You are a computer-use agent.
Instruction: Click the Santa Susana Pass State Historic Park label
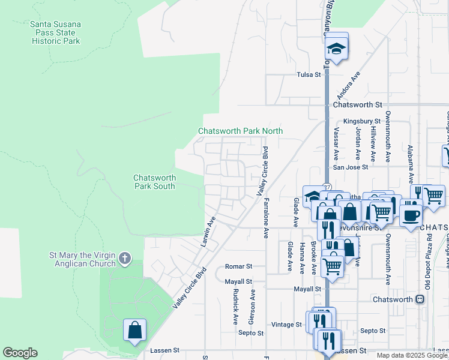55,32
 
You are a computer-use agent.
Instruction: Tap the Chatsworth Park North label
240,131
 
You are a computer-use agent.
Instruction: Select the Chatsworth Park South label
154,182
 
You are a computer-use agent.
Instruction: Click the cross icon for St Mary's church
124,258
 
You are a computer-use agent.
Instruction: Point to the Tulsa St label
310,75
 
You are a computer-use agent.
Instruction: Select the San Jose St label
351,167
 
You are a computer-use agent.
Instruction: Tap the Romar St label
238,266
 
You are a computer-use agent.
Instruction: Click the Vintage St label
286,324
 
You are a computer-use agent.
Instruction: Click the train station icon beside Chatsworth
420,299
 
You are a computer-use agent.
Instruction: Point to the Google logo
20,353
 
